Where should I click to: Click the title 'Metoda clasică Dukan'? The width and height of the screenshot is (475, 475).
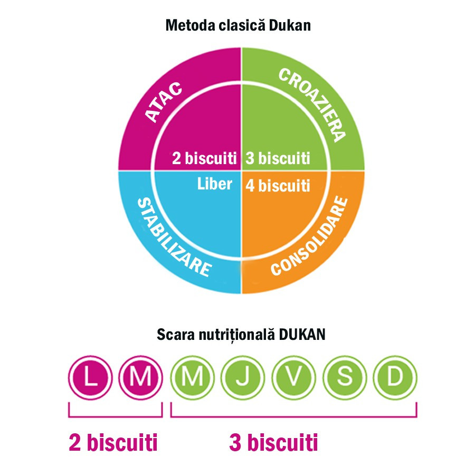(x=238, y=25)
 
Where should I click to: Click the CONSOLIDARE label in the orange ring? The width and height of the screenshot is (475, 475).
(x=310, y=236)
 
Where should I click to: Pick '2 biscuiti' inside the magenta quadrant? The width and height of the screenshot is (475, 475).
(x=204, y=158)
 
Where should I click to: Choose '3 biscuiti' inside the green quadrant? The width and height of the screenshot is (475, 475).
(x=278, y=158)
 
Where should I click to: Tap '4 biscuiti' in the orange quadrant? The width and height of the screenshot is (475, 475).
(x=278, y=185)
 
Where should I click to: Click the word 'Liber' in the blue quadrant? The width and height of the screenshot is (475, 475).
(x=214, y=184)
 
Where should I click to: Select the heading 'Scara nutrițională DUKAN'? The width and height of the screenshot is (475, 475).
(x=241, y=335)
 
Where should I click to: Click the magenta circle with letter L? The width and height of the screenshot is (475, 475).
(x=90, y=377)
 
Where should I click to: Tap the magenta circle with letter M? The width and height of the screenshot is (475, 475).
(x=140, y=377)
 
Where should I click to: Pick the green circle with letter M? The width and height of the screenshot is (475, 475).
(x=192, y=377)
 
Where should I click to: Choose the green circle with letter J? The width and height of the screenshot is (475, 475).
(x=243, y=377)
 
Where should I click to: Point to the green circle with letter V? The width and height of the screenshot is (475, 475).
(x=293, y=377)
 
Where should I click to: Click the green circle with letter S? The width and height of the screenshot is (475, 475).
(x=345, y=377)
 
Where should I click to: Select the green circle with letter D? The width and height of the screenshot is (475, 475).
(x=395, y=377)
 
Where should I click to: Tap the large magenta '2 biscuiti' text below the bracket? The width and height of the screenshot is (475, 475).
(x=113, y=443)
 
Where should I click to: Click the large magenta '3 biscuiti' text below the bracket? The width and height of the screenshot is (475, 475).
(x=273, y=443)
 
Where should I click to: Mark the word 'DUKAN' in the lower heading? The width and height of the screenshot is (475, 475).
(x=302, y=335)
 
